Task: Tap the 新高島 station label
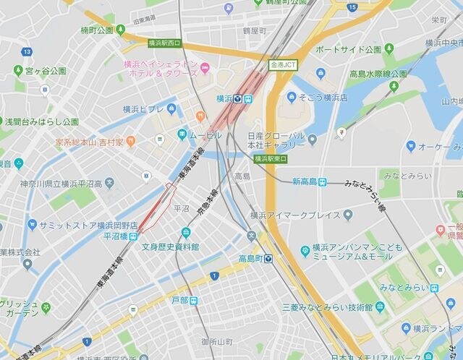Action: pyautogui.click(x=309, y=181)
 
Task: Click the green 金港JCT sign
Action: pyautogui.click(x=282, y=64)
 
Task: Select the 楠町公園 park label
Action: pyautogui.click(x=98, y=30)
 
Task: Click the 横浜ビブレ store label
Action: pyautogui.click(x=144, y=109)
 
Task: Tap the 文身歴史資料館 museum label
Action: pyautogui.click(x=170, y=247)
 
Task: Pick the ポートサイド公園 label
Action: pyautogui.click(x=348, y=50)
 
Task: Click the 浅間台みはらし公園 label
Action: pyautogui.click(x=41, y=122)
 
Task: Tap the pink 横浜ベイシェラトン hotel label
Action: pyautogui.click(x=161, y=69)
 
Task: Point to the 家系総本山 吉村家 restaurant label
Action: pyautogui.click(x=89, y=142)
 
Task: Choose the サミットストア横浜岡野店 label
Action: pyautogui.click(x=82, y=225)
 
